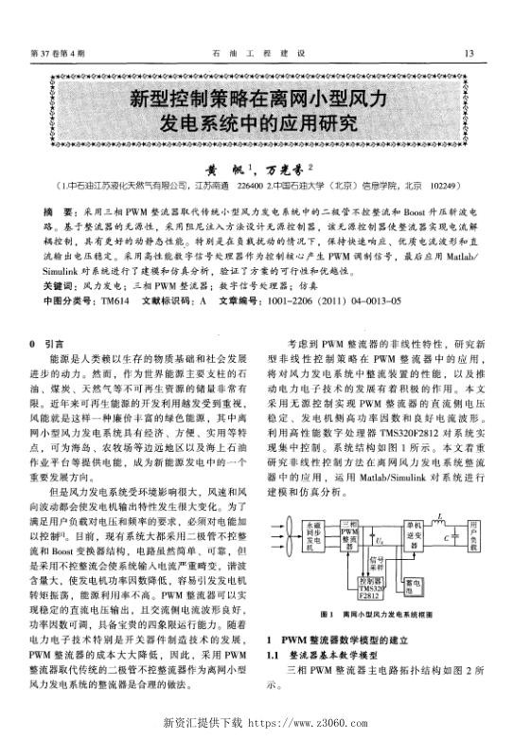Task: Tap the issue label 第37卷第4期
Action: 59,52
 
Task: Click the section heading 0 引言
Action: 46,346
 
